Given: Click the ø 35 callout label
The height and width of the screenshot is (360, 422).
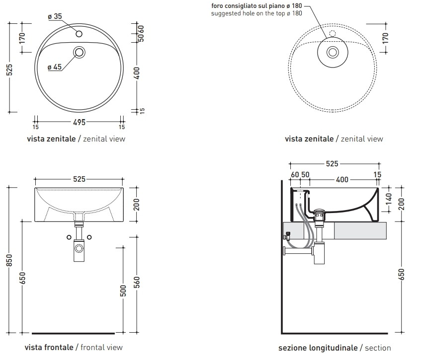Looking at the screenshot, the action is (55, 16).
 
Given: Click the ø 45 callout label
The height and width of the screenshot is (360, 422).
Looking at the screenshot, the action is (55, 67).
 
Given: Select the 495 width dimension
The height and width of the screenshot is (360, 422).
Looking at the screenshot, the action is (79, 122).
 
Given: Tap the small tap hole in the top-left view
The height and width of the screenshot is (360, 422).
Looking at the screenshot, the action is (79, 34).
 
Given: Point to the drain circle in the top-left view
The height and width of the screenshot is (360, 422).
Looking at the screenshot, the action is (79, 52).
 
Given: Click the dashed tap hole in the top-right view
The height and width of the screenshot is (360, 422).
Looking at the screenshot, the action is (333, 34).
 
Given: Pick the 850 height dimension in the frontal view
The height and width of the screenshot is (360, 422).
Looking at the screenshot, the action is (9, 260).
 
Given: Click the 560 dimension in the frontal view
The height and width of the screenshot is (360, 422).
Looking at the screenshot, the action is (137, 283).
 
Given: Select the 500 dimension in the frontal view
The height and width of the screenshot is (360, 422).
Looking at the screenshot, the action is (123, 290).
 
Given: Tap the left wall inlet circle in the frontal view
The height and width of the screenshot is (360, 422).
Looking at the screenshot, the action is (69, 237).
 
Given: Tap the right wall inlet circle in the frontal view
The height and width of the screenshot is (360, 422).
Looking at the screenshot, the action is (89, 237).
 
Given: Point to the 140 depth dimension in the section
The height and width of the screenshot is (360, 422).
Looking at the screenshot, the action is (389, 199).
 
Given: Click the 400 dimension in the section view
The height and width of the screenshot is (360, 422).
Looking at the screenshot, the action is (342, 179).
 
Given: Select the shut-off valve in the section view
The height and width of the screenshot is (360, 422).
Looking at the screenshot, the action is (287, 236).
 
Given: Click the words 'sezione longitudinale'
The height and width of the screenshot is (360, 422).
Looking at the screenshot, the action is (318, 348).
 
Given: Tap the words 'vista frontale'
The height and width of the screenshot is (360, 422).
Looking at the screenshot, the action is (49, 348).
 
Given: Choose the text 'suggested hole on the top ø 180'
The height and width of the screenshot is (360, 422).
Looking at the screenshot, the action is (256, 13).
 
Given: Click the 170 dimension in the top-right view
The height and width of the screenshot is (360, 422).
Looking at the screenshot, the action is (385, 38).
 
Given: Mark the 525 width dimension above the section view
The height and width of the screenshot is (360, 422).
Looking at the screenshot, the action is (332, 164).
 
